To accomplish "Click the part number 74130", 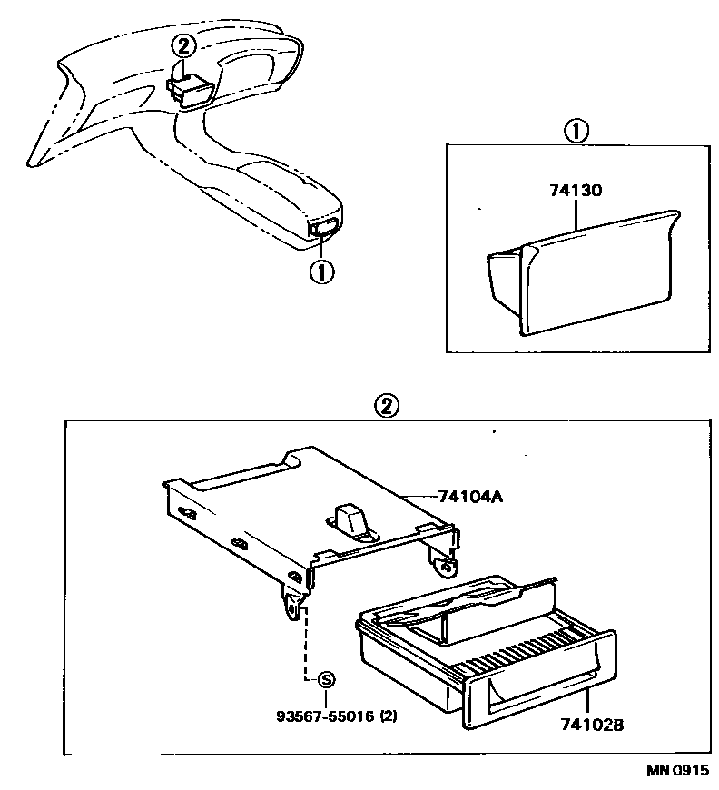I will (575, 193).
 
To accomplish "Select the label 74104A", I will (469, 497).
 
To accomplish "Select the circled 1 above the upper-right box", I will (575, 132).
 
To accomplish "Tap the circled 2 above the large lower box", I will (386, 406).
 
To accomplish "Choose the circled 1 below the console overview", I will (321, 270).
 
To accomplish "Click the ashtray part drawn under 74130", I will (581, 272).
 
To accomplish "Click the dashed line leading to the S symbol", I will (305, 649).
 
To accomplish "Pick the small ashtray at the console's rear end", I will (325, 229).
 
